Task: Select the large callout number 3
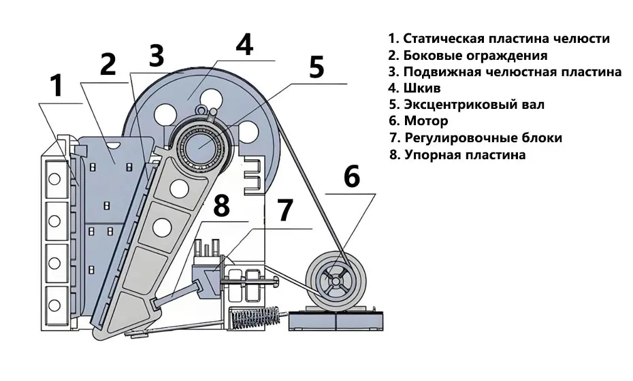(x=157, y=56)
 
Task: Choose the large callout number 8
(x=222, y=206)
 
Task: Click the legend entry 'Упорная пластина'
(x=457, y=154)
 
